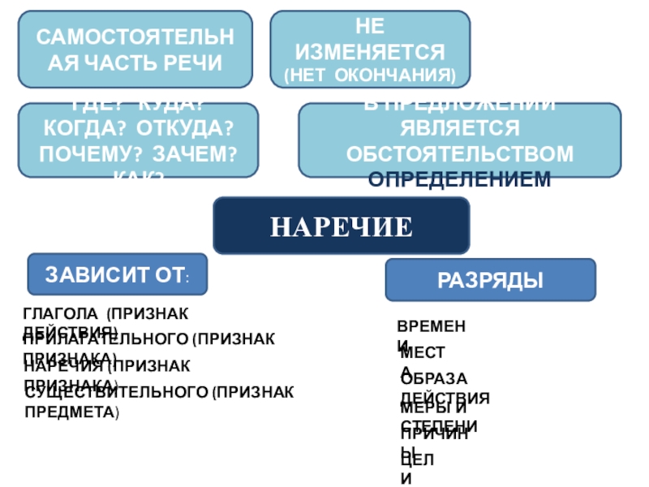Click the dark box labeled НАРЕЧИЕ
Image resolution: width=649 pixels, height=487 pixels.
click(x=341, y=226)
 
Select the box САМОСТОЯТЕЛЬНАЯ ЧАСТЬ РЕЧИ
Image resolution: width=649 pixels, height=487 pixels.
click(x=135, y=50)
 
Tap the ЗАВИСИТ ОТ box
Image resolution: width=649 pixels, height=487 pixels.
click(x=118, y=274)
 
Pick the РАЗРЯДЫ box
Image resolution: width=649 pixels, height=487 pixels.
click(x=490, y=280)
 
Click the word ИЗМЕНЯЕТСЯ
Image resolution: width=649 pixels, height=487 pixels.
click(x=370, y=53)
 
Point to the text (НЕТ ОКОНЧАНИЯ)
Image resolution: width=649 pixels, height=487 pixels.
click(x=370, y=75)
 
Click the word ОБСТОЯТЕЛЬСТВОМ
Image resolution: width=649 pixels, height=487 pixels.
click(x=460, y=154)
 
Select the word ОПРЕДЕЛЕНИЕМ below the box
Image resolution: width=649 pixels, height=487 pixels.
click(x=459, y=179)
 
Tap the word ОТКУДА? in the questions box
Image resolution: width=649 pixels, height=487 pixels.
click(x=185, y=130)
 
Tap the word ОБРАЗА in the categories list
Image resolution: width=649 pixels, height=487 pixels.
click(x=435, y=378)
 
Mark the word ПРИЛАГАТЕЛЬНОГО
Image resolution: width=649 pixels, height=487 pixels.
click(x=106, y=339)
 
